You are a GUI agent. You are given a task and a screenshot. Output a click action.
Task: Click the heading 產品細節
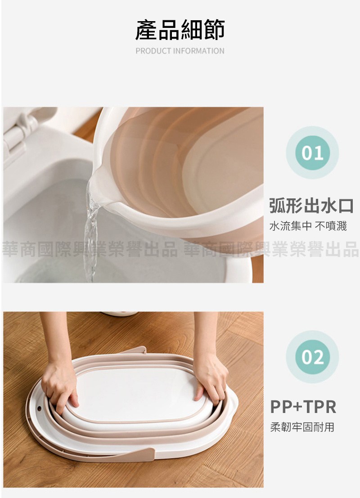pyautogui.click(x=180, y=30)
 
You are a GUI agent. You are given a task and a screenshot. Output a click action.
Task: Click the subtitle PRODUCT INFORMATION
pyautogui.click(x=180, y=51)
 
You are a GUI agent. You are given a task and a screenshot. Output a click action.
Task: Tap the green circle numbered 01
pyautogui.click(x=312, y=153)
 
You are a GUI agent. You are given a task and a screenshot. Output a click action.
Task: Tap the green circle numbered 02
pyautogui.click(x=312, y=357)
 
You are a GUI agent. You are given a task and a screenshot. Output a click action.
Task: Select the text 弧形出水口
pyautogui.click(x=311, y=206)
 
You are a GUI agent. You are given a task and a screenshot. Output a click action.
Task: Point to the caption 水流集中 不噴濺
pyautogui.click(x=308, y=226)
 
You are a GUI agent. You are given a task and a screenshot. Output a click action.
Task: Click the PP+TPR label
pyautogui.click(x=303, y=407)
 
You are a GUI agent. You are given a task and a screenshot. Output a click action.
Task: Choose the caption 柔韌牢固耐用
pyautogui.click(x=302, y=427)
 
